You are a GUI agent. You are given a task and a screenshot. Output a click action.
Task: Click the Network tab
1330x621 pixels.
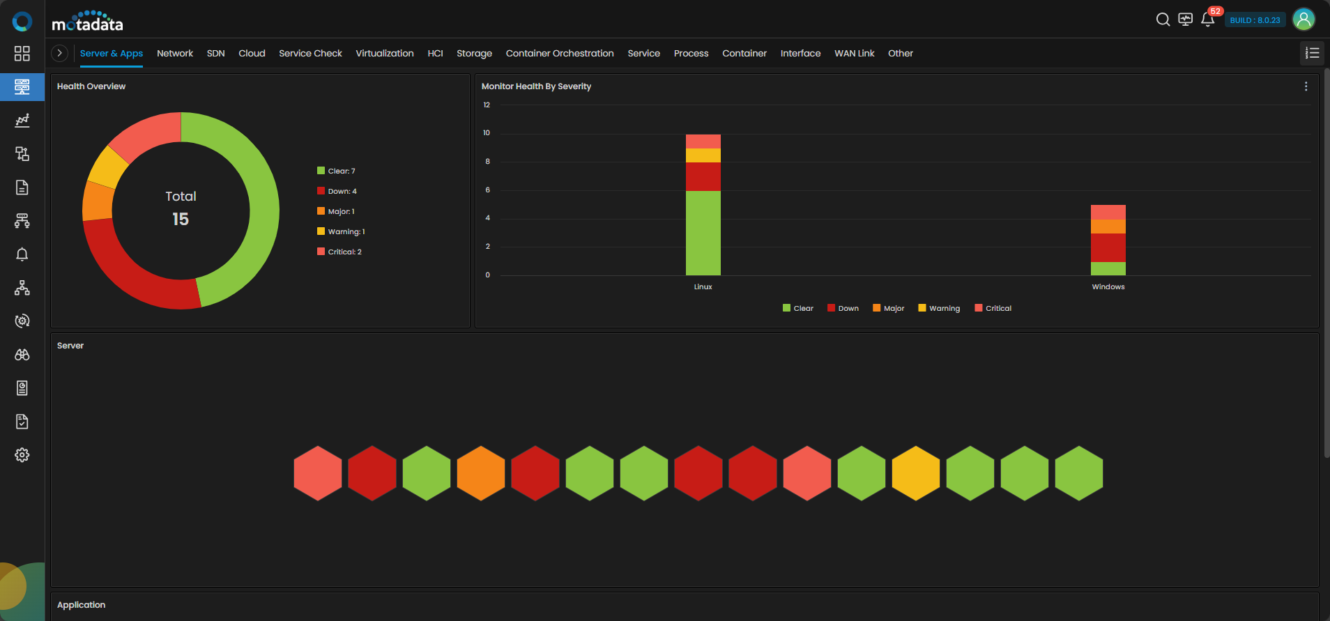tap(175, 53)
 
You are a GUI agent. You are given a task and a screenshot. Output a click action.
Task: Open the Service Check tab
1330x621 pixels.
tap(310, 53)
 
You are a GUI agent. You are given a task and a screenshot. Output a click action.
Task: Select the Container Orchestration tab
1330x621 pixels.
tap(560, 53)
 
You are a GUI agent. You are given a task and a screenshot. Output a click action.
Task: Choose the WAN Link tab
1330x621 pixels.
tap(854, 53)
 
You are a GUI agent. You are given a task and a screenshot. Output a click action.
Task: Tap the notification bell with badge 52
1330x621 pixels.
tap(1208, 20)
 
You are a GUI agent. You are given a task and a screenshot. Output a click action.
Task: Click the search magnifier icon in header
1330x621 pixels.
tap(1163, 20)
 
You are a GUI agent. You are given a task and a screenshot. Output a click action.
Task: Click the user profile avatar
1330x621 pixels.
tap(1304, 20)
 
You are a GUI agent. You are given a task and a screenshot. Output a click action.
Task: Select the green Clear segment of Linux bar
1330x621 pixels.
tap(703, 233)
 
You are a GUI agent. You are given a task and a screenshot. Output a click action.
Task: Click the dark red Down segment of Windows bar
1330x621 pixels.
tap(1108, 247)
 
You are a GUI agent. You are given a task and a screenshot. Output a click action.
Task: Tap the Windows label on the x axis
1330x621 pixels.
tap(1108, 286)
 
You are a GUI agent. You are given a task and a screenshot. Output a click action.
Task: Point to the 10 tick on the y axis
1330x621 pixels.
tap(487, 132)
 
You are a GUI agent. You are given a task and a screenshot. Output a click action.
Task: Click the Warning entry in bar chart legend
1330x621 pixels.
tap(939, 308)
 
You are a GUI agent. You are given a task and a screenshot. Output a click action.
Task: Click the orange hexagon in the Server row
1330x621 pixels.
tap(481, 473)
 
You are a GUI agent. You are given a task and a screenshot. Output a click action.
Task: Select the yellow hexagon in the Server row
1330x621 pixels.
tap(916, 473)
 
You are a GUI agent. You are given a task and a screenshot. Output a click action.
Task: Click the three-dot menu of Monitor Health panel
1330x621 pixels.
tap(1306, 86)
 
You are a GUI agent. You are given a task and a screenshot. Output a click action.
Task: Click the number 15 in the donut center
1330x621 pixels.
tap(181, 219)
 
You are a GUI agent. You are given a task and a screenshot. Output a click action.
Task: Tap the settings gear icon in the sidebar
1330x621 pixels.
tap(22, 455)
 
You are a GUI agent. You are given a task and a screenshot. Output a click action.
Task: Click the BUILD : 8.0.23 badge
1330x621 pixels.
tap(1255, 20)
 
